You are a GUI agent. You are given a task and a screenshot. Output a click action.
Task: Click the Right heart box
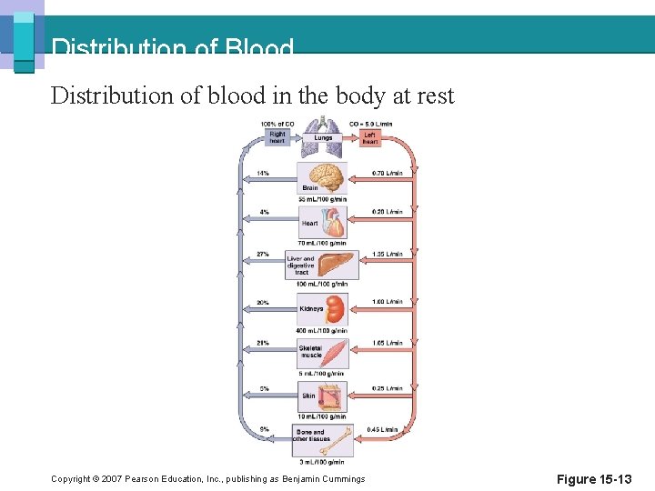tap(277, 137)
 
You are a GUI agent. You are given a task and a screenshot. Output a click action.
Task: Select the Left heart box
tap(370, 137)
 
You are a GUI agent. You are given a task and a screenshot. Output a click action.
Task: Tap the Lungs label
tap(323, 138)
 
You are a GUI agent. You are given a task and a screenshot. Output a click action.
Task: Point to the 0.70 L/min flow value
tap(387, 173)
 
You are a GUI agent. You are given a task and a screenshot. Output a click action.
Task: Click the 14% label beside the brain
tap(262, 173)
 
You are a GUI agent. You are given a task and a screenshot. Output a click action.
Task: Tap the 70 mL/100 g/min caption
tap(323, 243)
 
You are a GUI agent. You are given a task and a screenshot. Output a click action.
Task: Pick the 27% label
tap(262, 254)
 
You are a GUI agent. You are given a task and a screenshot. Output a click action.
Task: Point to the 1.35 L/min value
tap(387, 254)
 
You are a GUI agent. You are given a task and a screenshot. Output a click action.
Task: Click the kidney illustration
tap(336, 309)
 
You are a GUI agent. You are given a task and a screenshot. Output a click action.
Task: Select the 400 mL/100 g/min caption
tap(323, 331)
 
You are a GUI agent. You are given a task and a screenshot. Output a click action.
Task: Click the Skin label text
tap(309, 396)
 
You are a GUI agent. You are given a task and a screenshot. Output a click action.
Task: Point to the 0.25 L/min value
tap(387, 388)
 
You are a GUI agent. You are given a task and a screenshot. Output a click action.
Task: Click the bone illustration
tap(338, 441)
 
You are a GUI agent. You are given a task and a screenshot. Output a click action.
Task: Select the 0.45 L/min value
tap(382, 429)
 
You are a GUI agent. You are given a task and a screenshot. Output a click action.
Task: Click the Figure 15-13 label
tap(594, 479)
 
